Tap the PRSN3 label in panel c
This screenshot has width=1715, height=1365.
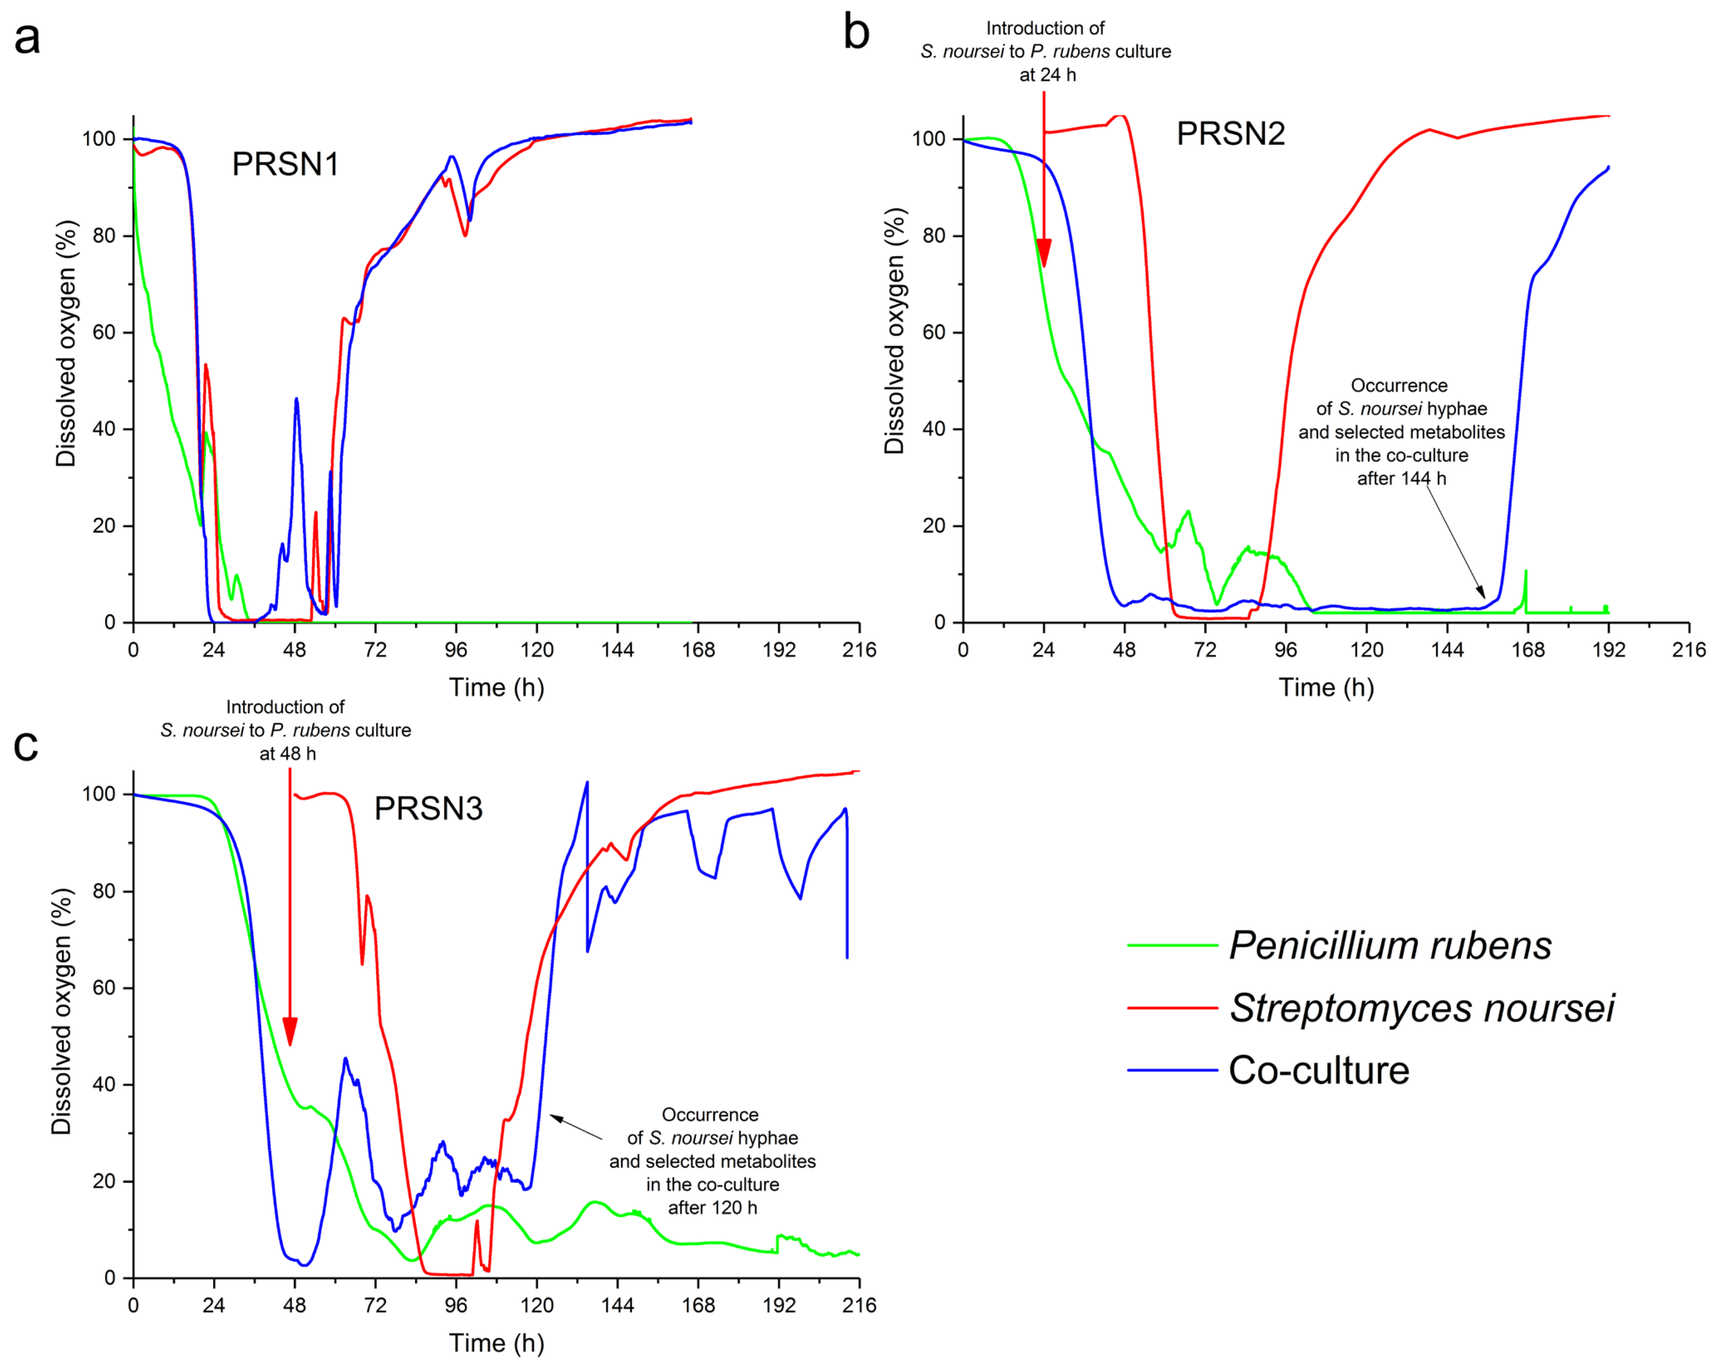[428, 809]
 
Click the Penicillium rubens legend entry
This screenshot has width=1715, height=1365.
[1390, 946]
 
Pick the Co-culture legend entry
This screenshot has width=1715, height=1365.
[1318, 1070]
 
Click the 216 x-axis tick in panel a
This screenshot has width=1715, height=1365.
[859, 650]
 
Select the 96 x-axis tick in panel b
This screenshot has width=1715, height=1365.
[1286, 650]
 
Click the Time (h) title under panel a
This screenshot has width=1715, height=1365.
[496, 687]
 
